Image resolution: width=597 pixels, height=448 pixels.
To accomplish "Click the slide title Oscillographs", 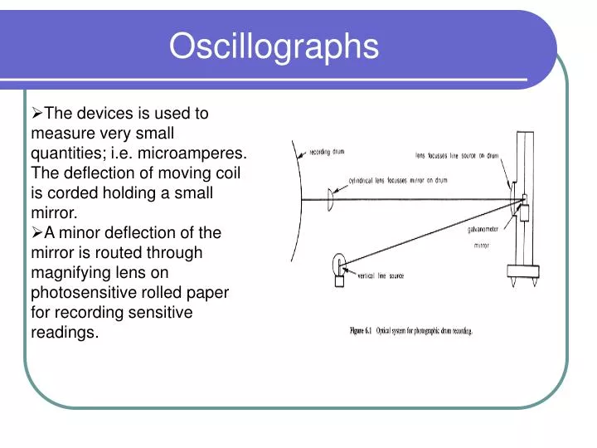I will point(274,47).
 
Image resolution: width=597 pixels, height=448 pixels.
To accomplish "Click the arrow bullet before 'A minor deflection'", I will point(36,233).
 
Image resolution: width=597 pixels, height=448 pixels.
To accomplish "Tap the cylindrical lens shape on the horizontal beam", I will point(330,199).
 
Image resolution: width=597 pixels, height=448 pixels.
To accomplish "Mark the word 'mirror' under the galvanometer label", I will point(481,246).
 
